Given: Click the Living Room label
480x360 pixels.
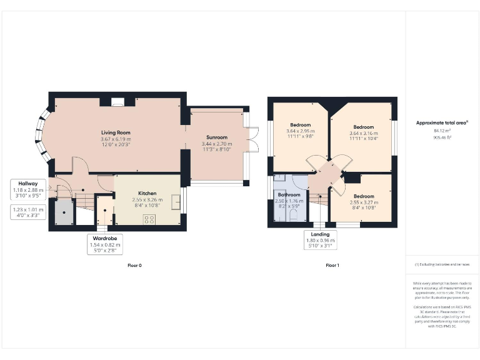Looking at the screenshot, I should click(x=116, y=132).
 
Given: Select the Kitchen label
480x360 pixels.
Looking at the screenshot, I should click(x=147, y=194).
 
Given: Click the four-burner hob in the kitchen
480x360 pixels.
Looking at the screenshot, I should click(x=149, y=219).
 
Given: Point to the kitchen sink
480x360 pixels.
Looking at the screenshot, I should click(x=176, y=201).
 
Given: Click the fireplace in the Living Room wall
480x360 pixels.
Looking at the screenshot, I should click(x=116, y=103).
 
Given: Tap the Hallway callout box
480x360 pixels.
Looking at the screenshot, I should click(x=27, y=188).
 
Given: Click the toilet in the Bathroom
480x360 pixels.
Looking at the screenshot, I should click(x=293, y=215).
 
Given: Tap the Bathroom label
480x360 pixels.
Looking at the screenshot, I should click(x=289, y=195).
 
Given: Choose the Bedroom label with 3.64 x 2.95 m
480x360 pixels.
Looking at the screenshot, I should click(x=300, y=125).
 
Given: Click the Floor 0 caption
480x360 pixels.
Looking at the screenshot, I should click(x=134, y=266).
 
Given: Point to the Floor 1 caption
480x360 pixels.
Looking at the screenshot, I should click(x=332, y=266).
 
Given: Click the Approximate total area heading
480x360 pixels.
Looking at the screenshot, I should click(x=441, y=122).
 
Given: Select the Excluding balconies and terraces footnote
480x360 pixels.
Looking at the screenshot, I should click(x=442, y=265).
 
